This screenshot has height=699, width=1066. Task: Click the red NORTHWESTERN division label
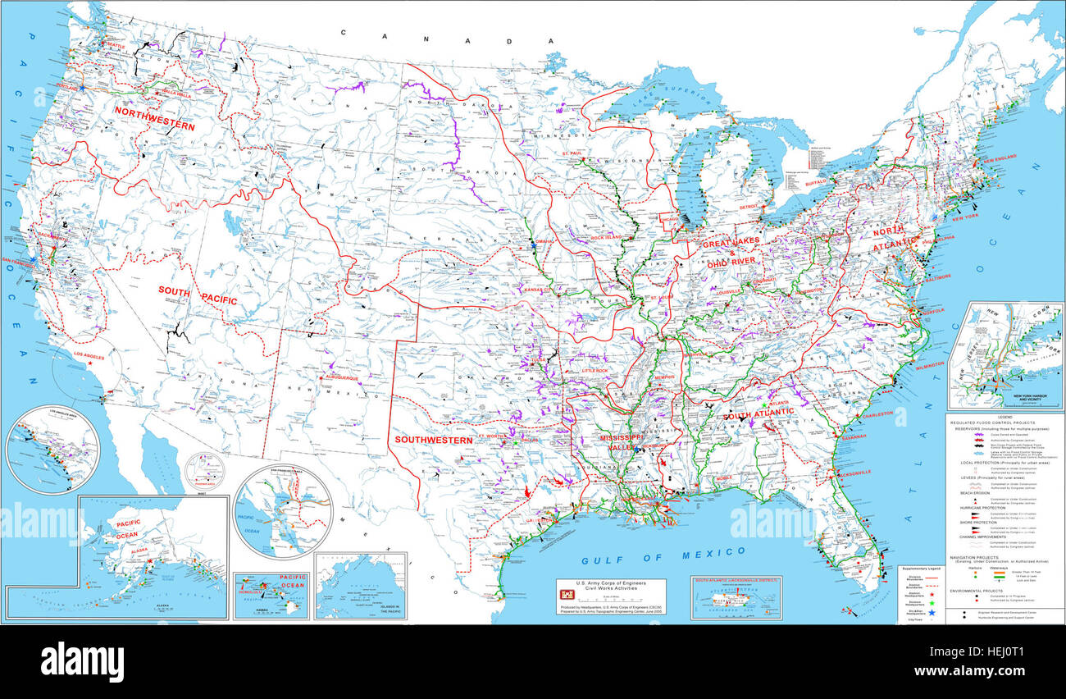154,118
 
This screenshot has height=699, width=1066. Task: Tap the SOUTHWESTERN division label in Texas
434,441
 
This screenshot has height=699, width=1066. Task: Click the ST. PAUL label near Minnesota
572,153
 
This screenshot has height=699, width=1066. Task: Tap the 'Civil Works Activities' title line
610,588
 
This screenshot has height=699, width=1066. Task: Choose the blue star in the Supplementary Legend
932,603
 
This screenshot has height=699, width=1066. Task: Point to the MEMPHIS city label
663,377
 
